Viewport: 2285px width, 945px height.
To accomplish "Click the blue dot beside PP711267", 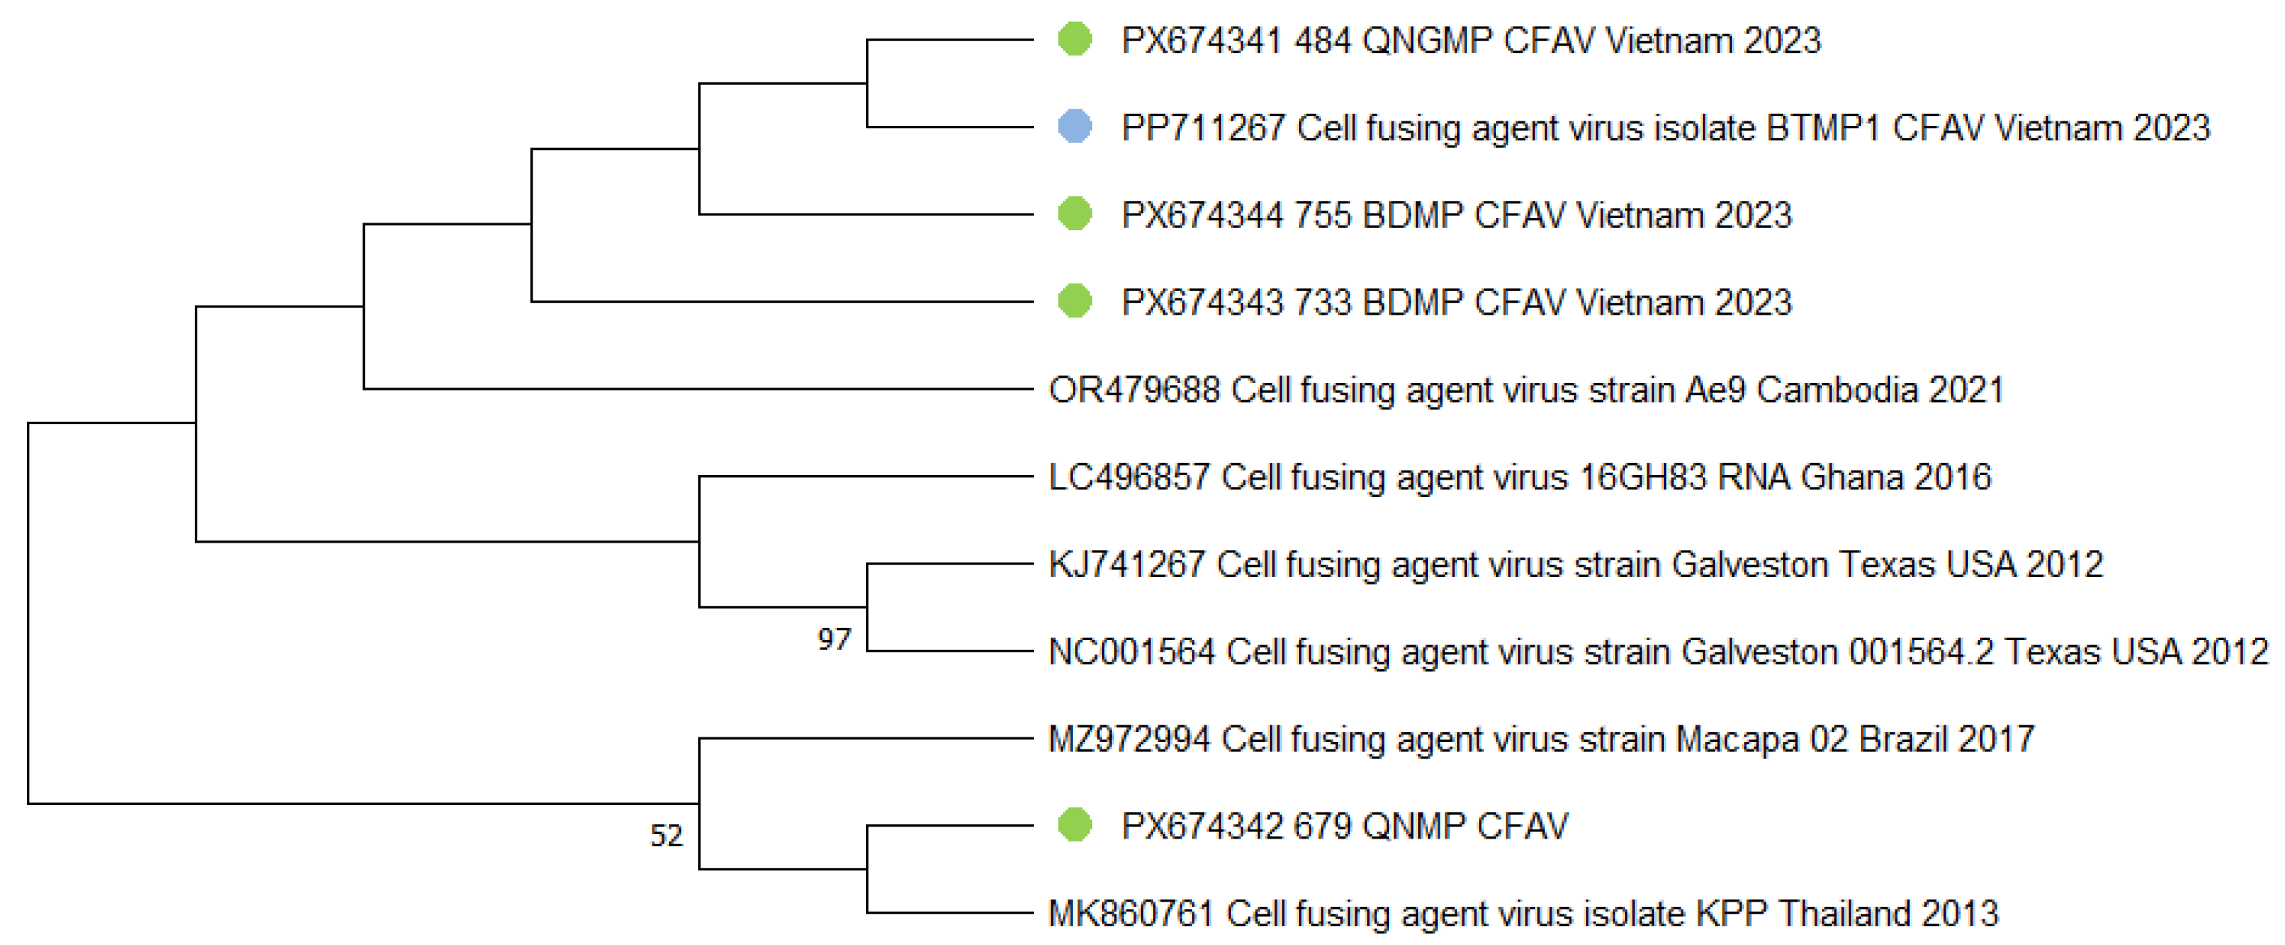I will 1074,127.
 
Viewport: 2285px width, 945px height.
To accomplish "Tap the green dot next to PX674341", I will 1074,39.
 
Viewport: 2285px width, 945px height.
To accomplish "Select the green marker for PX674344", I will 1074,214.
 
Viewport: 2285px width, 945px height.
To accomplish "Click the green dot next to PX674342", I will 1074,825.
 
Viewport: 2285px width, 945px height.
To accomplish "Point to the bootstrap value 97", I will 834,639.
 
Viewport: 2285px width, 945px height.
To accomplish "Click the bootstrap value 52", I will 666,836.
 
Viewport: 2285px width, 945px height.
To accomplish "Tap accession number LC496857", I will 1129,477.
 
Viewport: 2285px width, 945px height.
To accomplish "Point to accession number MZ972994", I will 1129,739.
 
